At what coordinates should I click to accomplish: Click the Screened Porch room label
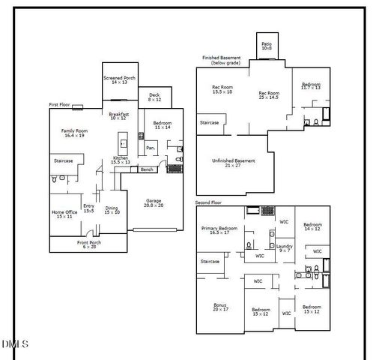click(x=118, y=80)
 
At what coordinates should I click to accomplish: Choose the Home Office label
click(x=65, y=214)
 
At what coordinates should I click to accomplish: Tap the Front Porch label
click(x=89, y=244)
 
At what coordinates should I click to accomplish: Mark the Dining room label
click(x=112, y=210)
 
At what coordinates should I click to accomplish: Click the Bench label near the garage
click(x=147, y=169)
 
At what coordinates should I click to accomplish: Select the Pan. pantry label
click(x=151, y=148)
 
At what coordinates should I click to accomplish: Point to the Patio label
click(x=267, y=46)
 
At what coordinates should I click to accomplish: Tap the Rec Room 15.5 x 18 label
click(x=222, y=90)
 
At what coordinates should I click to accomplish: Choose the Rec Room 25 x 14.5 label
click(x=269, y=95)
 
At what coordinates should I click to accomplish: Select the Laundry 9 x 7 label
click(x=284, y=248)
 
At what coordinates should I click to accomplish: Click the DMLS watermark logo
click(x=14, y=344)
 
